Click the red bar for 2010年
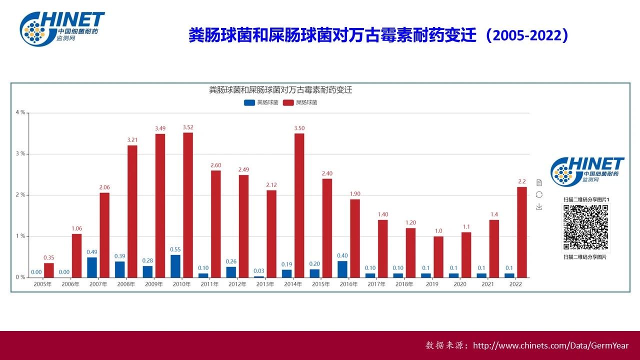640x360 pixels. (188, 205)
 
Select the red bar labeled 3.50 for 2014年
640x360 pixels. (299, 205)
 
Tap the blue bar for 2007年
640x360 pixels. (92, 267)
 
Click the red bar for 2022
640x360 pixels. (522, 232)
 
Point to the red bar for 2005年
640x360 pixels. (48, 270)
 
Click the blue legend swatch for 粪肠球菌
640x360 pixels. (249, 102)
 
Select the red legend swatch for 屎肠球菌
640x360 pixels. (288, 102)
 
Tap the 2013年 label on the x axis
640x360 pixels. (265, 284)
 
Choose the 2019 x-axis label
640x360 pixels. (432, 284)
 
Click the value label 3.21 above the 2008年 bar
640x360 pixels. (132, 140)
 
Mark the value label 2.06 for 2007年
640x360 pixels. (104, 187)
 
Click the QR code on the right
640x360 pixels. (586, 227)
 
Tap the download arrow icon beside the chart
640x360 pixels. (539, 206)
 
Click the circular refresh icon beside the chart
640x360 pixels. (539, 194)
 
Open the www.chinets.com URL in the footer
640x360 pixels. (550, 345)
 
